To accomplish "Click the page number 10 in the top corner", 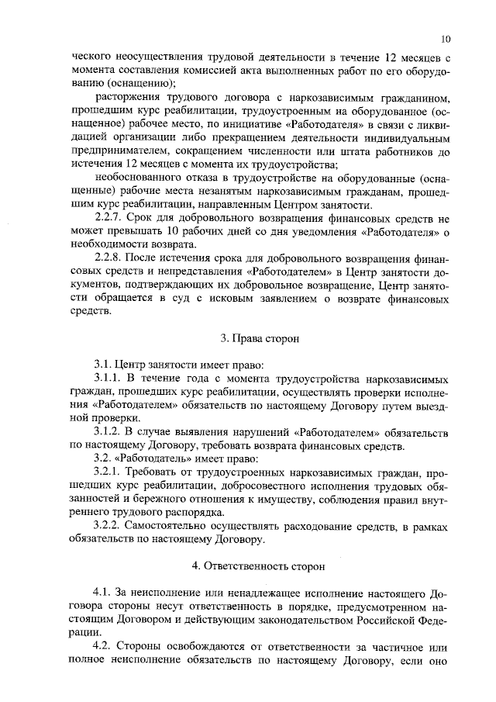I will pos(446,39).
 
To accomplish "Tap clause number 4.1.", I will pos(103,593).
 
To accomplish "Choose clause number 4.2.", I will pos(103,646).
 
